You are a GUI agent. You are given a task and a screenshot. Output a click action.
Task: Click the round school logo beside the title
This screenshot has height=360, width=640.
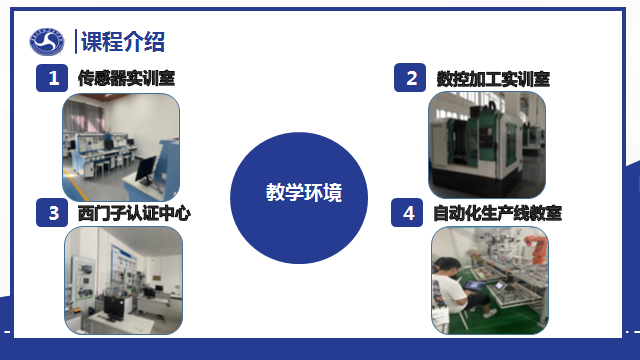tap(47, 42)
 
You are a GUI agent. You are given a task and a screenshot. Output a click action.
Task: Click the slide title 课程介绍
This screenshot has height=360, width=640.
tap(123, 42)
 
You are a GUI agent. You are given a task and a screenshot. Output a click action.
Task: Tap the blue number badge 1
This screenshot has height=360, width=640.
tap(52, 78)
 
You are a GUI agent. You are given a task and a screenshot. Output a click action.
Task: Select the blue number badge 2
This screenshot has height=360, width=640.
tap(410, 78)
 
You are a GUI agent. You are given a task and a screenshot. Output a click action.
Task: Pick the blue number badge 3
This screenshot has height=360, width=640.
tap(52, 213)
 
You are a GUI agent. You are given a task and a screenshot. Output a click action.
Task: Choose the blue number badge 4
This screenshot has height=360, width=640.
tap(407, 213)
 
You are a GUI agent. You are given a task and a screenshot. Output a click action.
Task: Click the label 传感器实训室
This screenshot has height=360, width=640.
tap(127, 78)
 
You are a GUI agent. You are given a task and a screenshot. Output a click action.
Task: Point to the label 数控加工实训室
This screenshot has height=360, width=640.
tap(493, 79)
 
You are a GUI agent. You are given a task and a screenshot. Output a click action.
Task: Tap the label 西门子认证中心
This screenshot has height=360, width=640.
tap(134, 213)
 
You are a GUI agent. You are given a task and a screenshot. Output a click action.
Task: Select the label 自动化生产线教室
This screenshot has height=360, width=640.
tap(498, 213)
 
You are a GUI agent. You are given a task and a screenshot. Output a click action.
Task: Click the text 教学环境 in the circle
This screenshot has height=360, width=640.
tap(304, 192)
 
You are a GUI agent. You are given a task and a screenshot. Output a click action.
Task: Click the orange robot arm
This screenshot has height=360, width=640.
tap(536, 248)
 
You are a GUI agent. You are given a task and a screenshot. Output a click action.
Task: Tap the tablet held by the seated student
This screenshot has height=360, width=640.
tap(474, 286)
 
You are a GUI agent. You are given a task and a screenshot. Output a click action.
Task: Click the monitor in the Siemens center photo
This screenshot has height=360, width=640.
tap(114, 307)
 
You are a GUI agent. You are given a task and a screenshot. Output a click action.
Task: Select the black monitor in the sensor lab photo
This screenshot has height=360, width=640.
tap(146, 170)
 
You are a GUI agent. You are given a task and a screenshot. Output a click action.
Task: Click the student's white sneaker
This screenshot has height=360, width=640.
tap(490, 314)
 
